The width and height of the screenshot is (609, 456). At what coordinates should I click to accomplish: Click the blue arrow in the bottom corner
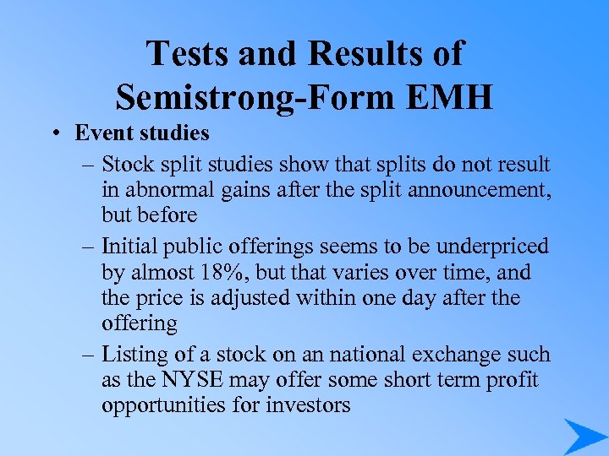[584, 436]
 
